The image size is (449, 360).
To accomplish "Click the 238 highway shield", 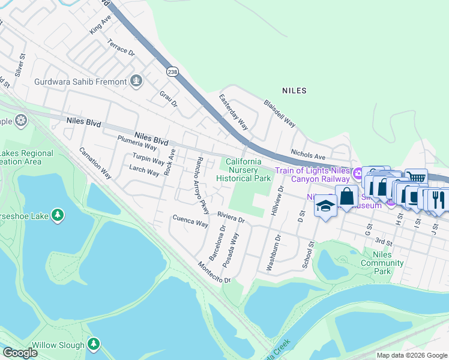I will (173, 71).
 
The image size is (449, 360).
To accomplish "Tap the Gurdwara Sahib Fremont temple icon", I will (136, 81).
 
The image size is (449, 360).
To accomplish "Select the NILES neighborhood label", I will (294, 91).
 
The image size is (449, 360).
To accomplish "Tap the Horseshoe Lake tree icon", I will (57, 215).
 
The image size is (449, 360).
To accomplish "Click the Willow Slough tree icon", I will (93, 344).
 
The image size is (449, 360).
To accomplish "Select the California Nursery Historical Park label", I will (243, 170).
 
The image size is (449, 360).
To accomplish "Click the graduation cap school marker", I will (325, 207).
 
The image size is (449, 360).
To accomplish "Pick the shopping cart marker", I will (415, 177).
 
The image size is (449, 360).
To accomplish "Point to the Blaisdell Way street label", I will (280, 113).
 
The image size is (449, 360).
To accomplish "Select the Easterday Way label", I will (234, 112).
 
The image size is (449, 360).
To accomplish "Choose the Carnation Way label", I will (95, 163).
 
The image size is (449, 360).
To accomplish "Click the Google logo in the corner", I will (20, 353).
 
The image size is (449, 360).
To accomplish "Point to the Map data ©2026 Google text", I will (411, 355).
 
